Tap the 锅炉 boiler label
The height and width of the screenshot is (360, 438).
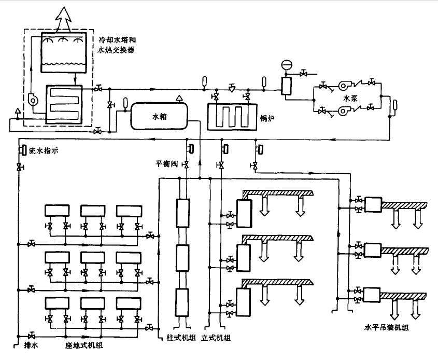(268, 119)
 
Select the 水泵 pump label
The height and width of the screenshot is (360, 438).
(351, 97)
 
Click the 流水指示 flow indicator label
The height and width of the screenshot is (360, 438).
(45, 150)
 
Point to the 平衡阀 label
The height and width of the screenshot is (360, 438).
(167, 163)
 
